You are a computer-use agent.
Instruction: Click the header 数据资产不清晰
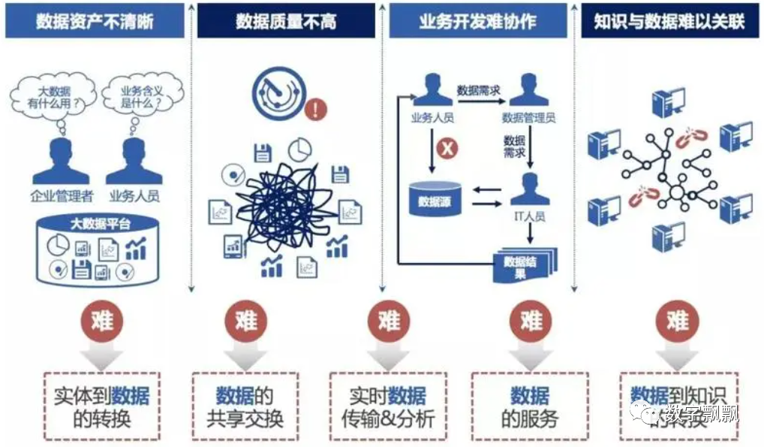point(95,21)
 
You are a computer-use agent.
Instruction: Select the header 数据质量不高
point(285,21)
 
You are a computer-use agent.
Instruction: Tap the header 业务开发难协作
point(477,21)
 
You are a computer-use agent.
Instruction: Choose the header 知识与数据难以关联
point(669,21)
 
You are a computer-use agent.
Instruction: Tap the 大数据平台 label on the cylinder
point(100,223)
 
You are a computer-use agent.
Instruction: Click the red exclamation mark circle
point(318,110)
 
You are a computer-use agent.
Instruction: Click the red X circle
point(447,149)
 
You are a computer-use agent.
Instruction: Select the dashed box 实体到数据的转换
point(101,406)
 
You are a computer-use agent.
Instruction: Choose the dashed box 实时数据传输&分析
point(387,406)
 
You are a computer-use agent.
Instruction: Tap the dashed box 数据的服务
point(530,406)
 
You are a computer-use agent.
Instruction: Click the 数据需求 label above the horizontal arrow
point(479,91)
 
